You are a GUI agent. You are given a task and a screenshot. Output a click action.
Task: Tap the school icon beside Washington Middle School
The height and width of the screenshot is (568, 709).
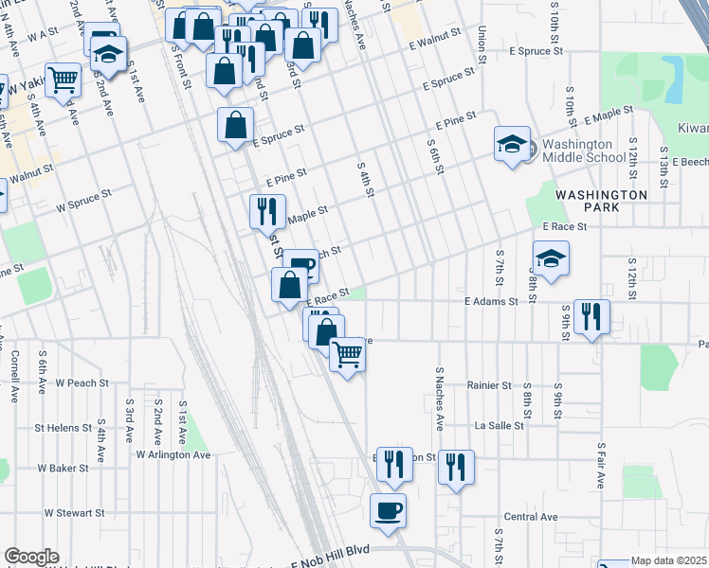(512, 145)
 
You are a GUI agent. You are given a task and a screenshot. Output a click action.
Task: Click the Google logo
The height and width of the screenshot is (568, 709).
(31, 557)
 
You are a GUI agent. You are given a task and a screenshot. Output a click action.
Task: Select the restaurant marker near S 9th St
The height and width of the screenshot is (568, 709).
(591, 317)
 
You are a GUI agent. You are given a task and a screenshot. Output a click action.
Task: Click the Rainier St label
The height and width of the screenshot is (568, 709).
(488, 385)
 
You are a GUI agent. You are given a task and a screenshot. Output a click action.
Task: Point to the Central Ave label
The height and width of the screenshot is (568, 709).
(531, 517)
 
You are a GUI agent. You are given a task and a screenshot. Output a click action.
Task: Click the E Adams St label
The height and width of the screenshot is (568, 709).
(490, 301)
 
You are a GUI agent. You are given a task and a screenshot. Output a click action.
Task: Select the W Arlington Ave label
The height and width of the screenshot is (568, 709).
(173, 454)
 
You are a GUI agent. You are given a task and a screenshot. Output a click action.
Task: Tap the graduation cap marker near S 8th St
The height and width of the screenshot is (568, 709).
(551, 258)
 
